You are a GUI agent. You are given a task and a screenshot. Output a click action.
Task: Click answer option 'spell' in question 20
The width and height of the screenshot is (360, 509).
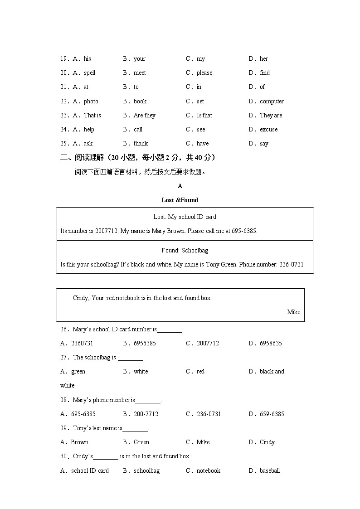(x=89, y=73)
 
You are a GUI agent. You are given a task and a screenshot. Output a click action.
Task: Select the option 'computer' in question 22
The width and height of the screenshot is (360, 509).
(x=272, y=101)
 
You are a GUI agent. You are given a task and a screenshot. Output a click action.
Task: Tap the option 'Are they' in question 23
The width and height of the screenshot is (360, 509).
(x=144, y=115)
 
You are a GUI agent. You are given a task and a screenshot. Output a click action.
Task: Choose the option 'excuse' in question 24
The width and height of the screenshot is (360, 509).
(x=268, y=129)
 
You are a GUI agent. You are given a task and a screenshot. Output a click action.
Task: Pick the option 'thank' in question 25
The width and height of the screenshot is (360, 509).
(x=141, y=143)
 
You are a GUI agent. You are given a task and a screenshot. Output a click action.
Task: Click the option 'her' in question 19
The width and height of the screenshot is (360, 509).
(x=263, y=58)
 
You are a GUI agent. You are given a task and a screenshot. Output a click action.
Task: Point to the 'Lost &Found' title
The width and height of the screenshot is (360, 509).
(x=180, y=200)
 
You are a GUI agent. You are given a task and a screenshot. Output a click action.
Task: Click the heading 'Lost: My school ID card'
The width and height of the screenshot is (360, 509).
(x=185, y=217)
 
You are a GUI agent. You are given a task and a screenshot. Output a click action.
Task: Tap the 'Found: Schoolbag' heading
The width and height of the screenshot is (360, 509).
(x=185, y=250)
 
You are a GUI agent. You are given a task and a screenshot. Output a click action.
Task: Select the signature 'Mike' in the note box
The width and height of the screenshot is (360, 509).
(x=293, y=312)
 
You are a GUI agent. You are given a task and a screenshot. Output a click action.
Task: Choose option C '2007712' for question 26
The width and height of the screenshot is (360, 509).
(x=208, y=343)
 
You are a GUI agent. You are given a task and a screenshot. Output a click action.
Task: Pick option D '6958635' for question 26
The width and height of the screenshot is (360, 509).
(x=271, y=343)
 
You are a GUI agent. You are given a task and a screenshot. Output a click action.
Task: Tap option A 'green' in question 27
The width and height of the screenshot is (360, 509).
(x=78, y=371)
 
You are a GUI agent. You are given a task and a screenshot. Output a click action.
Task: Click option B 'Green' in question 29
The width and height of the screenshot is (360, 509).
(x=141, y=442)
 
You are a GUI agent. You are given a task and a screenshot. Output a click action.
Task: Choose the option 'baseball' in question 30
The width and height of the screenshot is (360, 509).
(x=270, y=470)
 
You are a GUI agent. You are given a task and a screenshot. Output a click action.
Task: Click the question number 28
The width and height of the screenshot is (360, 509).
(x=64, y=400)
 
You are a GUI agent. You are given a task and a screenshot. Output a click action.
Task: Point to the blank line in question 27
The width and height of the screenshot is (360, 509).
(x=131, y=358)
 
